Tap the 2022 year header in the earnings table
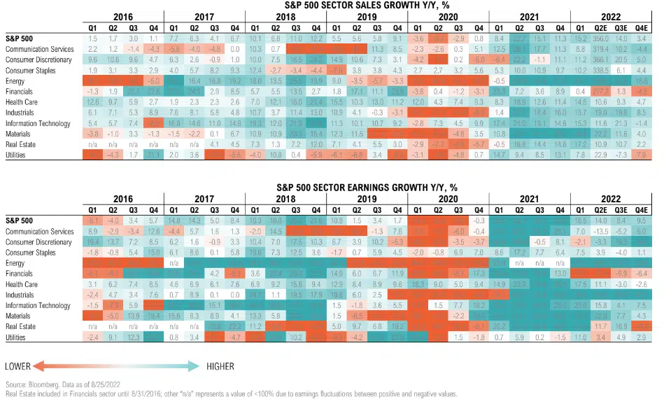[610, 198]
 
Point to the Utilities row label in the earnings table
[17, 337]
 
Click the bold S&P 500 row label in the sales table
[19, 39]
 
